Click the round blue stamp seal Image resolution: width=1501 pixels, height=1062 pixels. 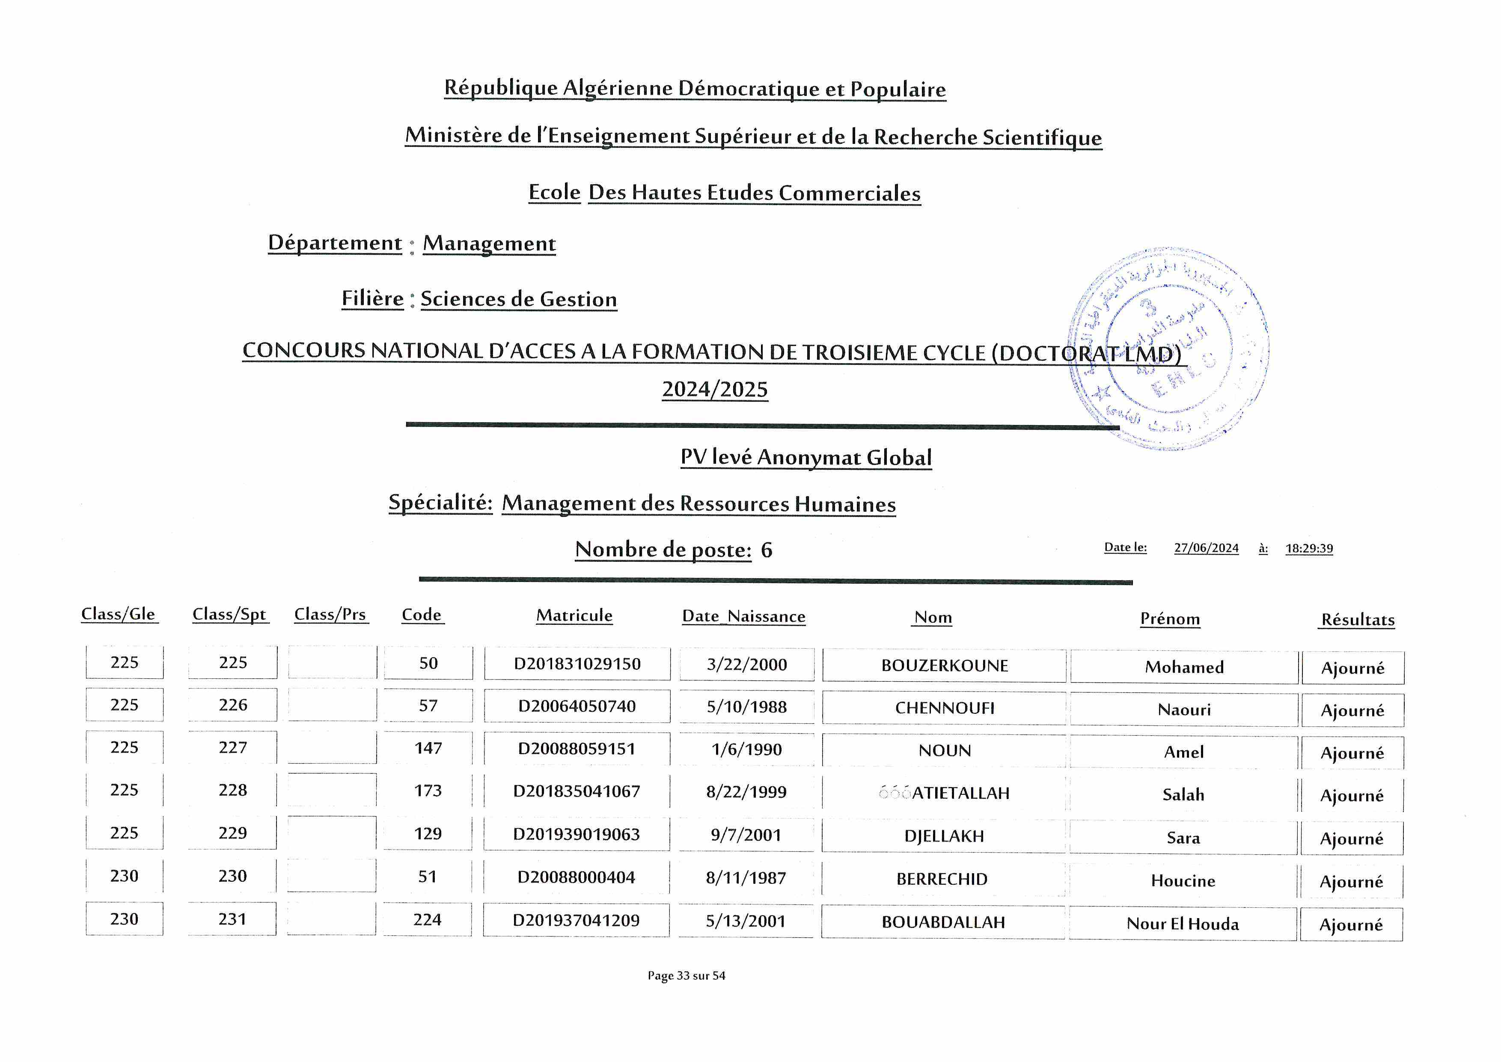click(1168, 349)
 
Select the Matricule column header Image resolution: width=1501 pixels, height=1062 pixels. click(574, 615)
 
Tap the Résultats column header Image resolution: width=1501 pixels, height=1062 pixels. click(1358, 619)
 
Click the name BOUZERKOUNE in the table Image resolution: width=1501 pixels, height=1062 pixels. click(944, 666)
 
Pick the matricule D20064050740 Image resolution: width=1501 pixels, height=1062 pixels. click(577, 706)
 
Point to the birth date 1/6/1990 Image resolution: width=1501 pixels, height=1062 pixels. click(746, 749)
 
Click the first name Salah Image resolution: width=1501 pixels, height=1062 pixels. click(1183, 794)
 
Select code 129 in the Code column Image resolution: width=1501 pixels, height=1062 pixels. click(428, 833)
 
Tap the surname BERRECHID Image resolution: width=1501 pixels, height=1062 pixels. click(942, 879)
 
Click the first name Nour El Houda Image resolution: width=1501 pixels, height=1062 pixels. click(1183, 923)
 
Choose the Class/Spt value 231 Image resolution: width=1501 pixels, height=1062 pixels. click(233, 919)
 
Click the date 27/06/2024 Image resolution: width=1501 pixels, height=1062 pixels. click(1206, 548)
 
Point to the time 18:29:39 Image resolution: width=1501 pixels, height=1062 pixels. click(1309, 548)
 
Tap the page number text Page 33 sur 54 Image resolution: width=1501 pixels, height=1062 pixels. click(687, 975)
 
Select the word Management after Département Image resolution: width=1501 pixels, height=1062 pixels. click(489, 243)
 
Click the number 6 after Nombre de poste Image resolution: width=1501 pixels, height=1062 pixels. click(766, 550)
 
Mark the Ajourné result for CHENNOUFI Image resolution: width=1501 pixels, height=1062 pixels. click(1352, 710)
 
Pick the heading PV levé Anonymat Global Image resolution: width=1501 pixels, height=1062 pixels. click(805, 457)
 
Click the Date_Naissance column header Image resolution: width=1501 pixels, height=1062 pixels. click(743, 616)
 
